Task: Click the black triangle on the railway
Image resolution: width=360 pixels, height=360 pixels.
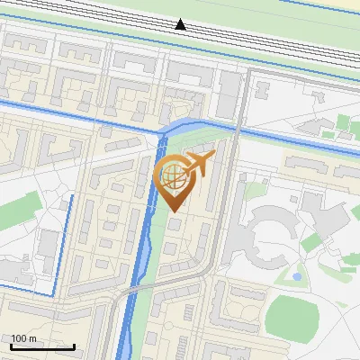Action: pos(181,24)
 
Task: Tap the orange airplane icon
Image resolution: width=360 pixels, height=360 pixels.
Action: pos(198,164)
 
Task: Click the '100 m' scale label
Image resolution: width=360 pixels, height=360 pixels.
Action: pos(23,338)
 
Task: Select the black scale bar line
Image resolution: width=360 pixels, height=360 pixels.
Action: pos(42,346)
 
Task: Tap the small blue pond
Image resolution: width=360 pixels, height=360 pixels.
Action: pos(296,275)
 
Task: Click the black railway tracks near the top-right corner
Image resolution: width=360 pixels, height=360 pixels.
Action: pos(324,46)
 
